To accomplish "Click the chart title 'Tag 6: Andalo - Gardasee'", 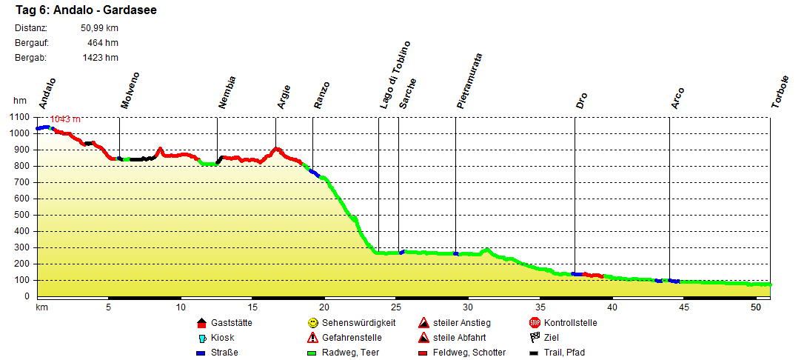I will pos(85,11).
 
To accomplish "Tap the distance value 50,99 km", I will pos(99,29).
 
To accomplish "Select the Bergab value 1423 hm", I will pos(100,57).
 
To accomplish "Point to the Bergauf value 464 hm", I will pos(103,43).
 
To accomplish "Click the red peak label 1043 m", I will pos(65,119).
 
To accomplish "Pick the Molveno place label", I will pos(130,91).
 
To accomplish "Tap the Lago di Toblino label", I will pos(395,76).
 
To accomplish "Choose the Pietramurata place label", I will pos(470,81).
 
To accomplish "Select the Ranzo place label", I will pos(321,96).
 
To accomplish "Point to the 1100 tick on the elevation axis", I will pos(20,118).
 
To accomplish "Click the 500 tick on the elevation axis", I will pos(22,216).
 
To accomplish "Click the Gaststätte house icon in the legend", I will pos(201,323).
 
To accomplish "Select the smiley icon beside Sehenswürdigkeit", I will pos(313,323).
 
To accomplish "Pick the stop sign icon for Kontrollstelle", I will pos(535,323).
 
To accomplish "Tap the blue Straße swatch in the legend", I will pos(201,353).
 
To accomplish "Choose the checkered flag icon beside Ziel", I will pos(535,338).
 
